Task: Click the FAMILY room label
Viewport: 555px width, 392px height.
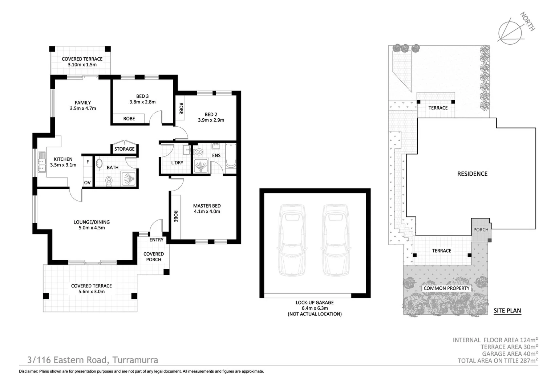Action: point(83,102)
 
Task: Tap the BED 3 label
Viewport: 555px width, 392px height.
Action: point(142,96)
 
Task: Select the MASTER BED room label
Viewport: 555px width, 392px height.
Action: point(207,206)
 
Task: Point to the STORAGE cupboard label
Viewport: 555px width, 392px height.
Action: point(124,149)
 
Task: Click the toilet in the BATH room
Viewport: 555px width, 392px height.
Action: point(109,181)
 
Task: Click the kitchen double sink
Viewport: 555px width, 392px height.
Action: point(42,162)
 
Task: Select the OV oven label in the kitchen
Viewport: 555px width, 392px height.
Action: point(87,183)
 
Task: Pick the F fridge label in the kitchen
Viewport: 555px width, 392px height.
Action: point(88,162)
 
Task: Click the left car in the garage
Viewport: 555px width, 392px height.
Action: point(292,240)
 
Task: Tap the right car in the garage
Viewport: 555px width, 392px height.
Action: point(336,240)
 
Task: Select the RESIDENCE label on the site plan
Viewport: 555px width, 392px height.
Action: point(472,174)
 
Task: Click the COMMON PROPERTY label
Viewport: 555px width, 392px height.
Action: point(446,288)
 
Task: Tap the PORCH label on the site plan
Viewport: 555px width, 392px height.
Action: point(481,230)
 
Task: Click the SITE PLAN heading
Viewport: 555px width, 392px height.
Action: point(507,311)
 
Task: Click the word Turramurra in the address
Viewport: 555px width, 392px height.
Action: point(135,360)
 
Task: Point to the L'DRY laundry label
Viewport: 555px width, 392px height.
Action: point(177,163)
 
